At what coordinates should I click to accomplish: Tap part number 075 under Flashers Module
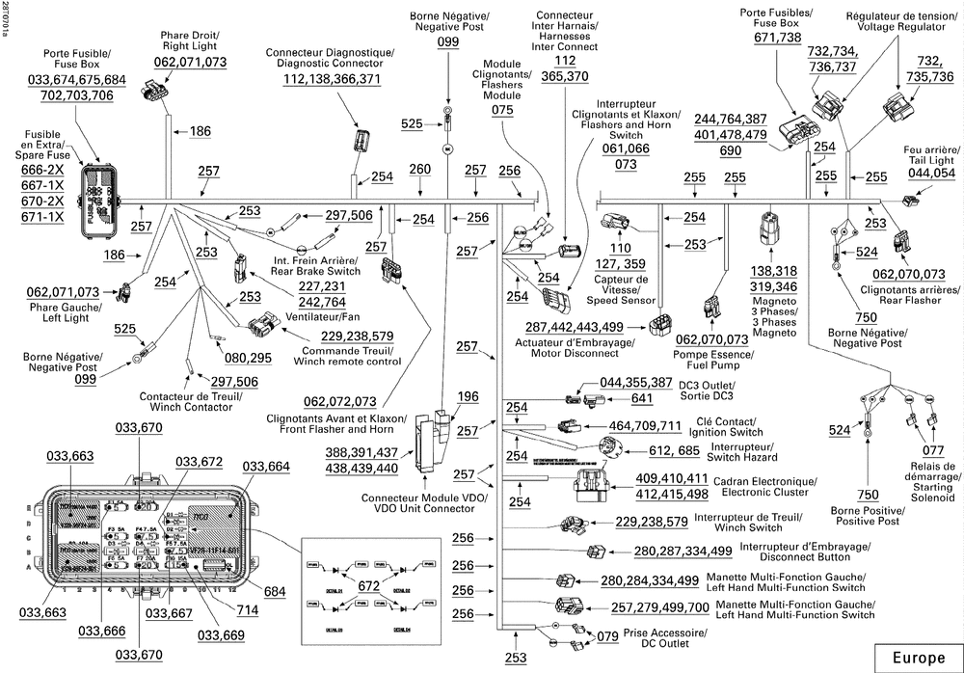coord(502,110)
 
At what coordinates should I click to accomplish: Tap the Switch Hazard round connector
coord(609,448)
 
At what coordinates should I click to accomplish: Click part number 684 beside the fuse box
coord(275,590)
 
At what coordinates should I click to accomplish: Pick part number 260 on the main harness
coord(420,170)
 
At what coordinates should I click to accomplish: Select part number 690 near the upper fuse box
coord(730,151)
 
